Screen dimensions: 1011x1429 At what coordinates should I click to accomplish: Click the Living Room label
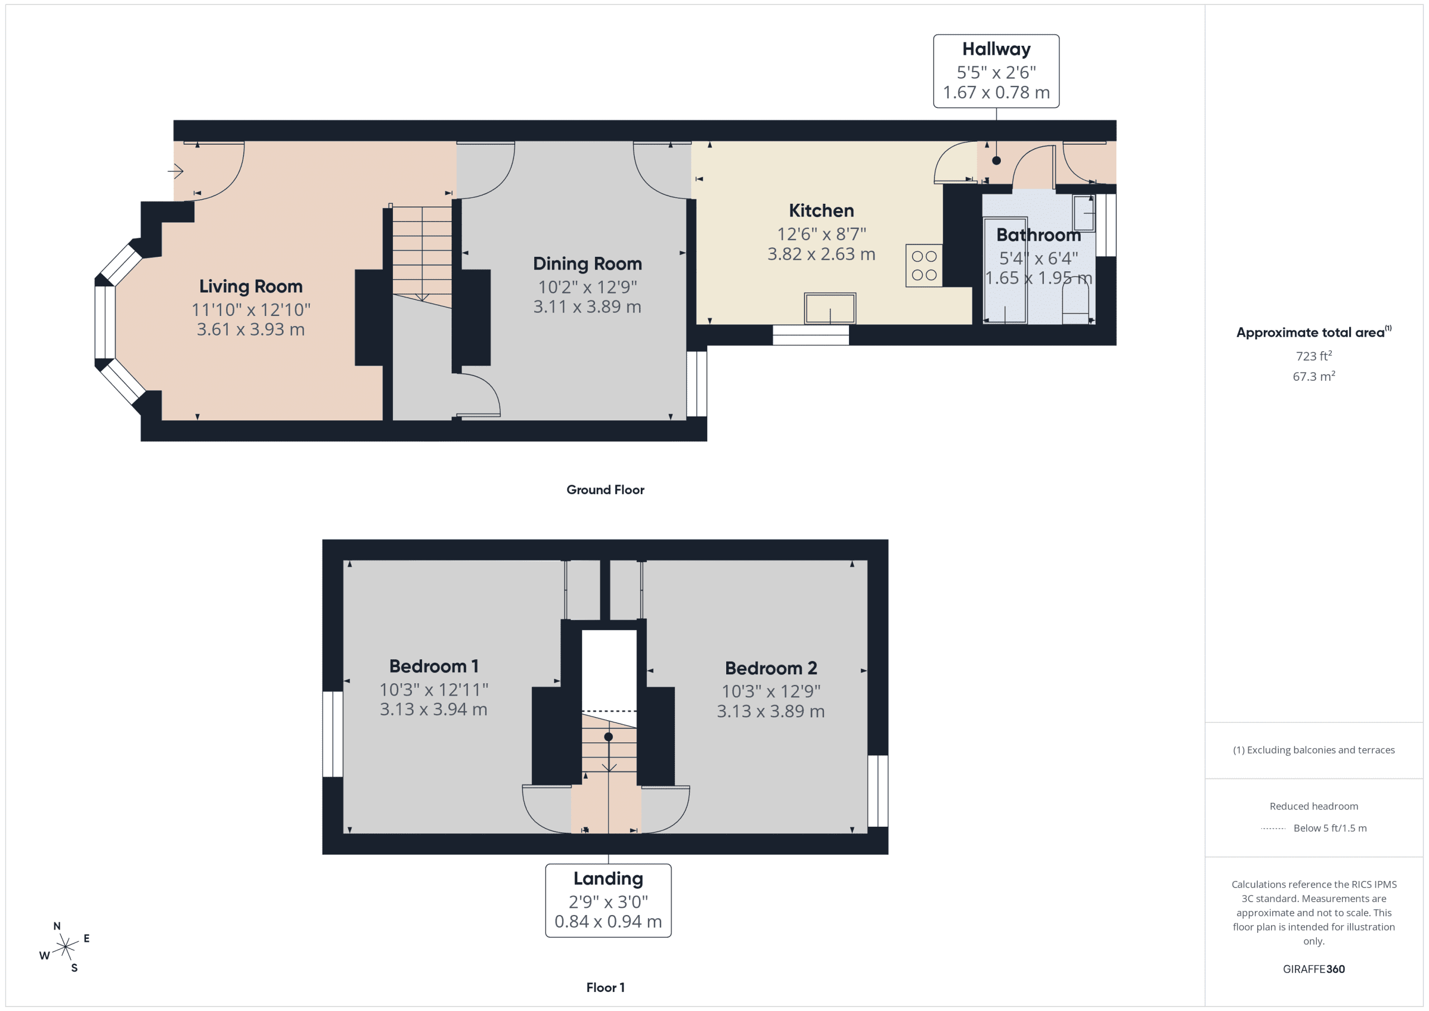251,286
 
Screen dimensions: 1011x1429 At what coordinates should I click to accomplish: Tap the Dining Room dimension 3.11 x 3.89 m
587,307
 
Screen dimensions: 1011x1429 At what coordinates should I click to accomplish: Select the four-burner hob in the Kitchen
924,266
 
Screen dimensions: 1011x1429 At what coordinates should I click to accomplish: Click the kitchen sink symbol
829,309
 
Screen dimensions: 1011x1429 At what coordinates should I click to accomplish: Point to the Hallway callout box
996,71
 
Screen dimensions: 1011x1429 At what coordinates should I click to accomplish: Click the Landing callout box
608,900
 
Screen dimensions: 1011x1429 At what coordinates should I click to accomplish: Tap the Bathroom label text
1038,236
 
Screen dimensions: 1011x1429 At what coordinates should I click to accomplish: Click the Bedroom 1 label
434,666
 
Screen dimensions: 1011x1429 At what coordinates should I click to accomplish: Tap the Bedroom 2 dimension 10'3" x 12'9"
770,692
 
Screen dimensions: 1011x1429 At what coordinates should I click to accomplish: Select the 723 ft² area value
1313,356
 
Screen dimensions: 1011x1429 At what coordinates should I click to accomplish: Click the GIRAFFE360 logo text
1313,969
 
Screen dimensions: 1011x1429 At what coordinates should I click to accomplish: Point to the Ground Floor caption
605,490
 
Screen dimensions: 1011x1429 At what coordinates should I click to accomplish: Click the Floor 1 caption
605,988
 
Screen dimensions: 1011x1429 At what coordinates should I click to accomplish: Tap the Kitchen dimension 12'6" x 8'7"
821,234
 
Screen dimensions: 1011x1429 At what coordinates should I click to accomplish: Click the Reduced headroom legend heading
1313,806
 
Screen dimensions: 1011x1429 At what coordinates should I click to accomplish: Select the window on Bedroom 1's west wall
333,734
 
